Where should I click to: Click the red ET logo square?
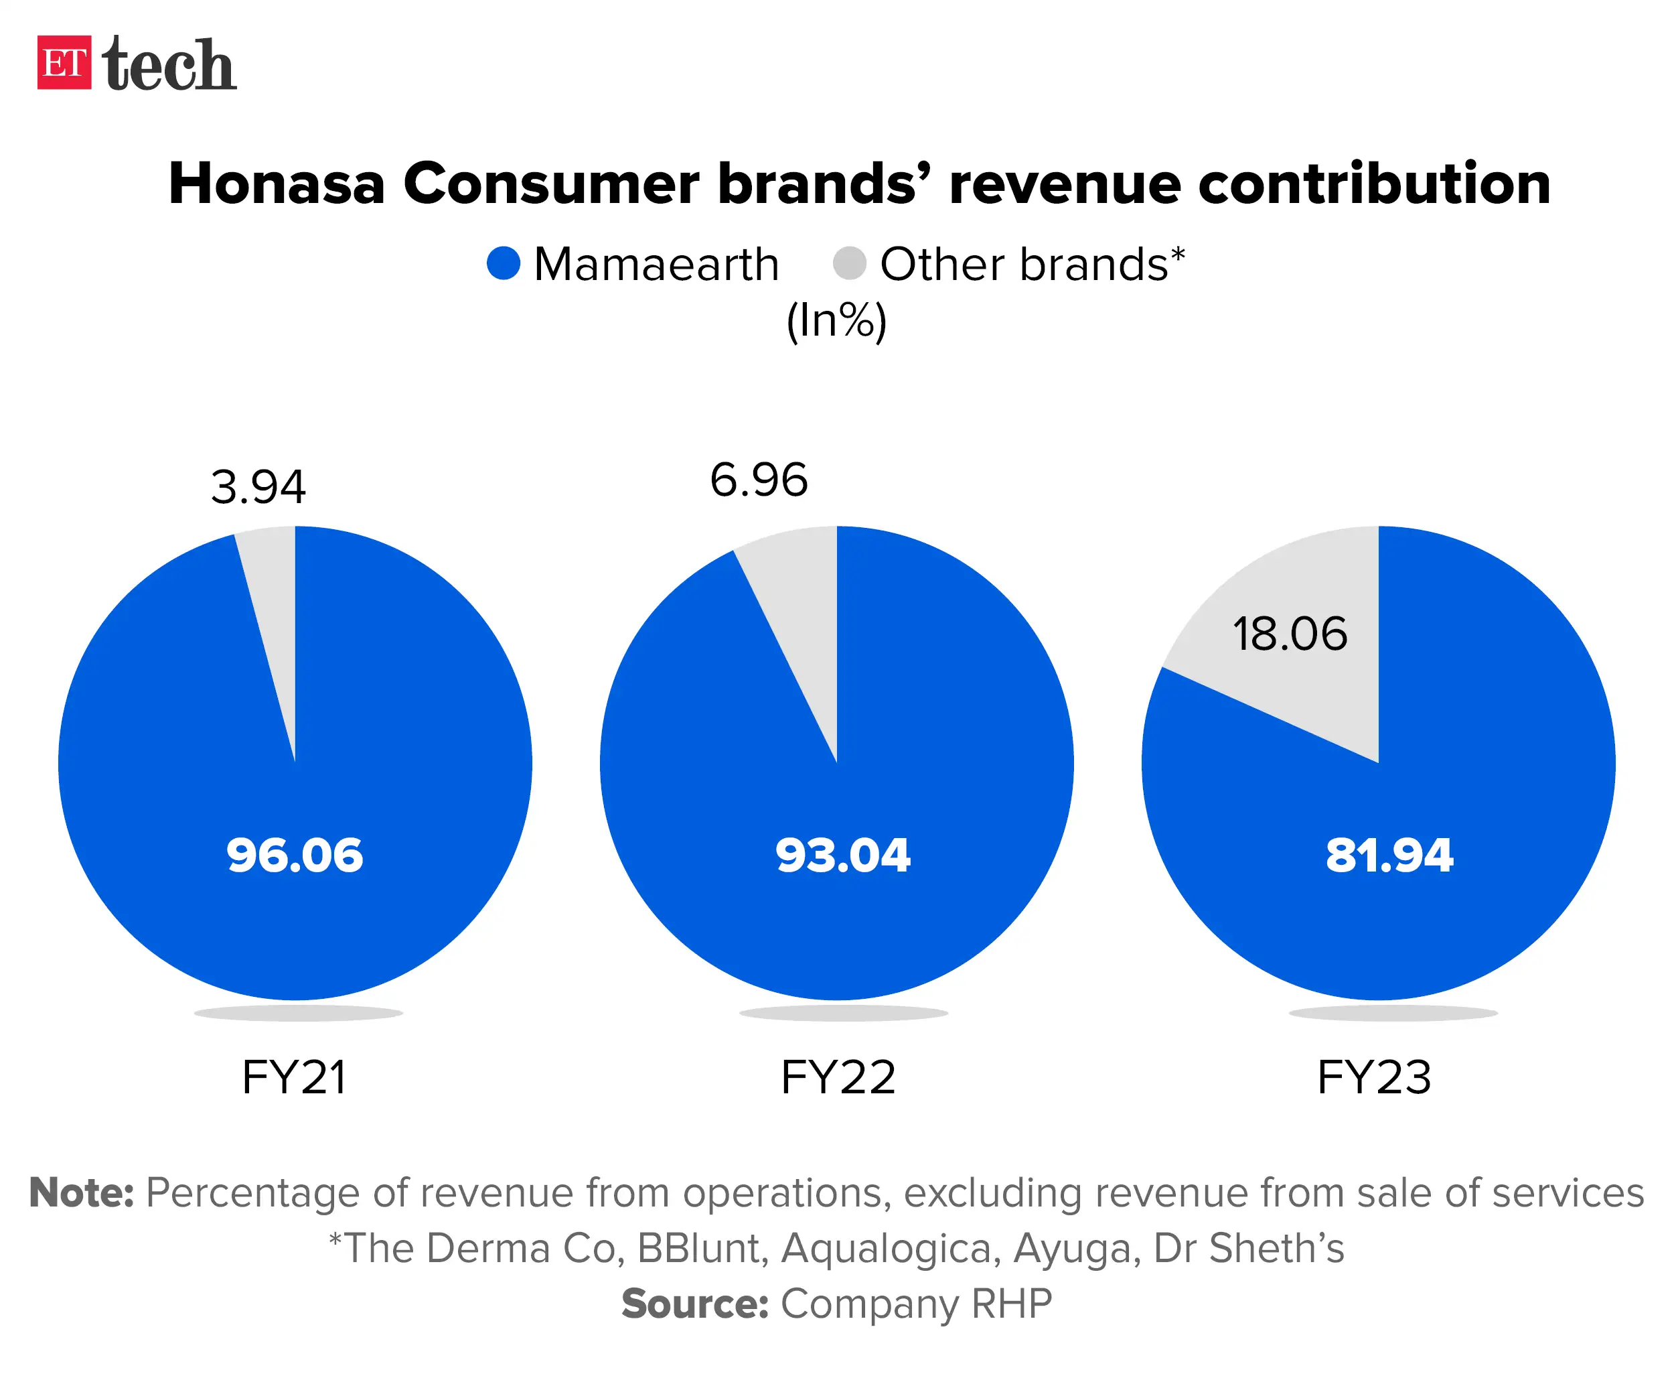[x=64, y=62]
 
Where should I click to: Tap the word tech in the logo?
[x=169, y=64]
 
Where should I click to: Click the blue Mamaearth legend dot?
[x=503, y=263]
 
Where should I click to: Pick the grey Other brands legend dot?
[x=849, y=263]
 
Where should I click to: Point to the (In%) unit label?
[x=836, y=320]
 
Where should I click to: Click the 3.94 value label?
[x=258, y=486]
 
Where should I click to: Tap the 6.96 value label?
[x=758, y=480]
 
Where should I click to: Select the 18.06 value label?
[x=1290, y=634]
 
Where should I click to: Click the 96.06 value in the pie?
[x=295, y=855]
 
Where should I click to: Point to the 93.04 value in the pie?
[x=843, y=855]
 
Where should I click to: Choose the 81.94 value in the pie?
[x=1389, y=855]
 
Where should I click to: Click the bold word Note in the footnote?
[x=81, y=1193]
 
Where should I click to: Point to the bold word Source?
[x=695, y=1304]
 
